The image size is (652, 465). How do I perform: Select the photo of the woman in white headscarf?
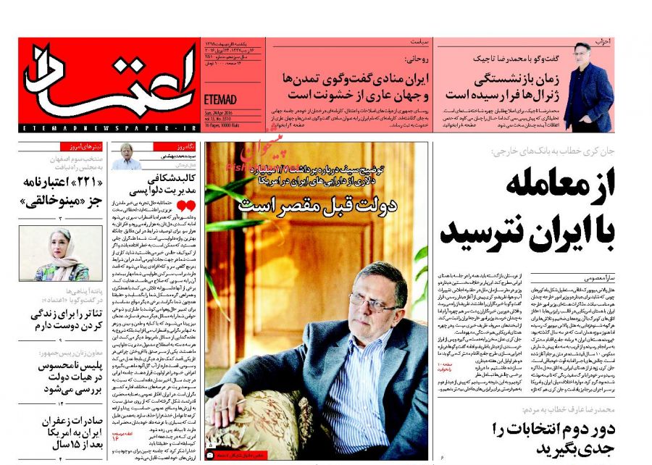coord(61,254)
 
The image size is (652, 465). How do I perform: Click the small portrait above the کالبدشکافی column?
coord(128,155)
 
